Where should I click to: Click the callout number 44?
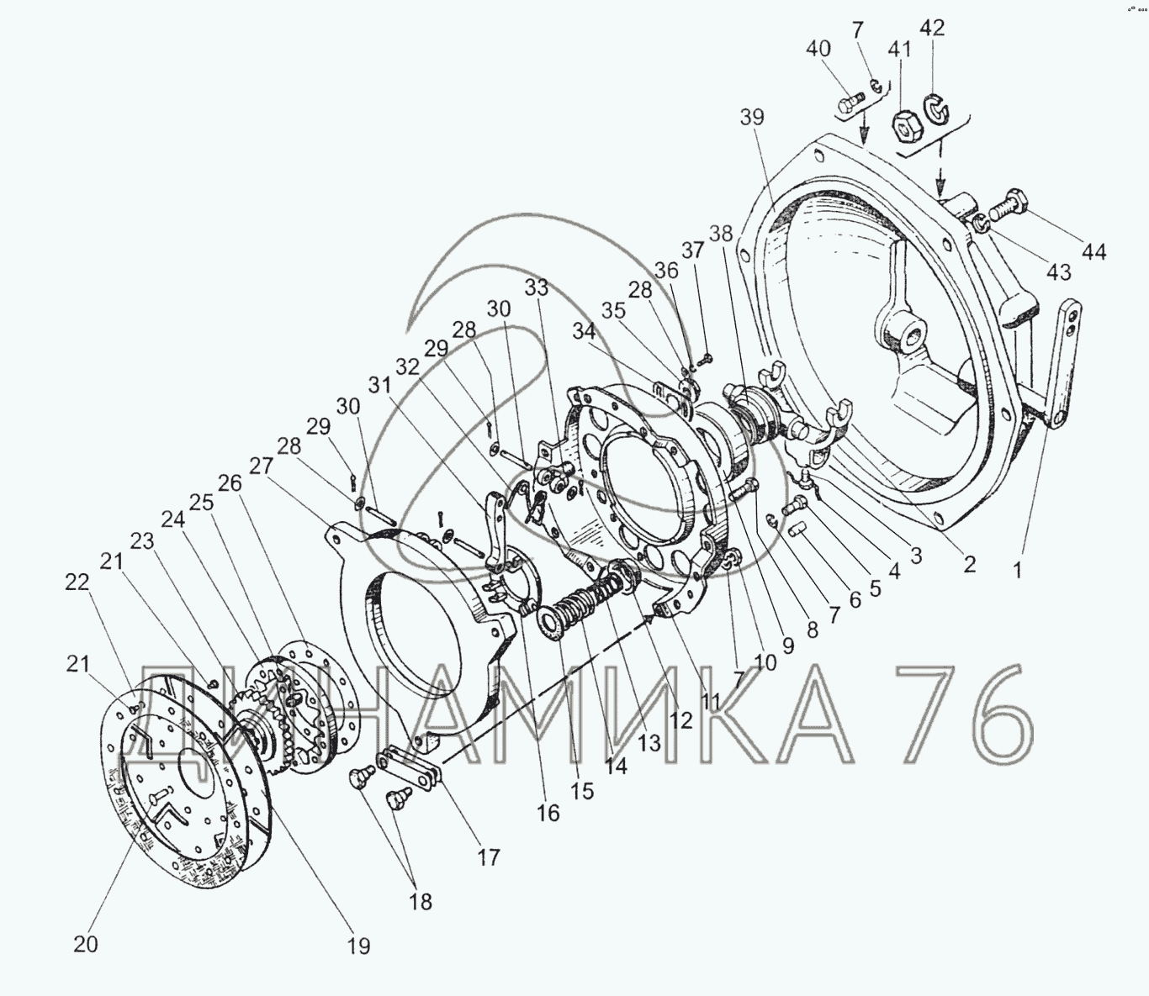(1093, 252)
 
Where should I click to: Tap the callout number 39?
(752, 118)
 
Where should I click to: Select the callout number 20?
(86, 945)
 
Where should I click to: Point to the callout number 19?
(358, 946)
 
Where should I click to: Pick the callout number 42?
(932, 28)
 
